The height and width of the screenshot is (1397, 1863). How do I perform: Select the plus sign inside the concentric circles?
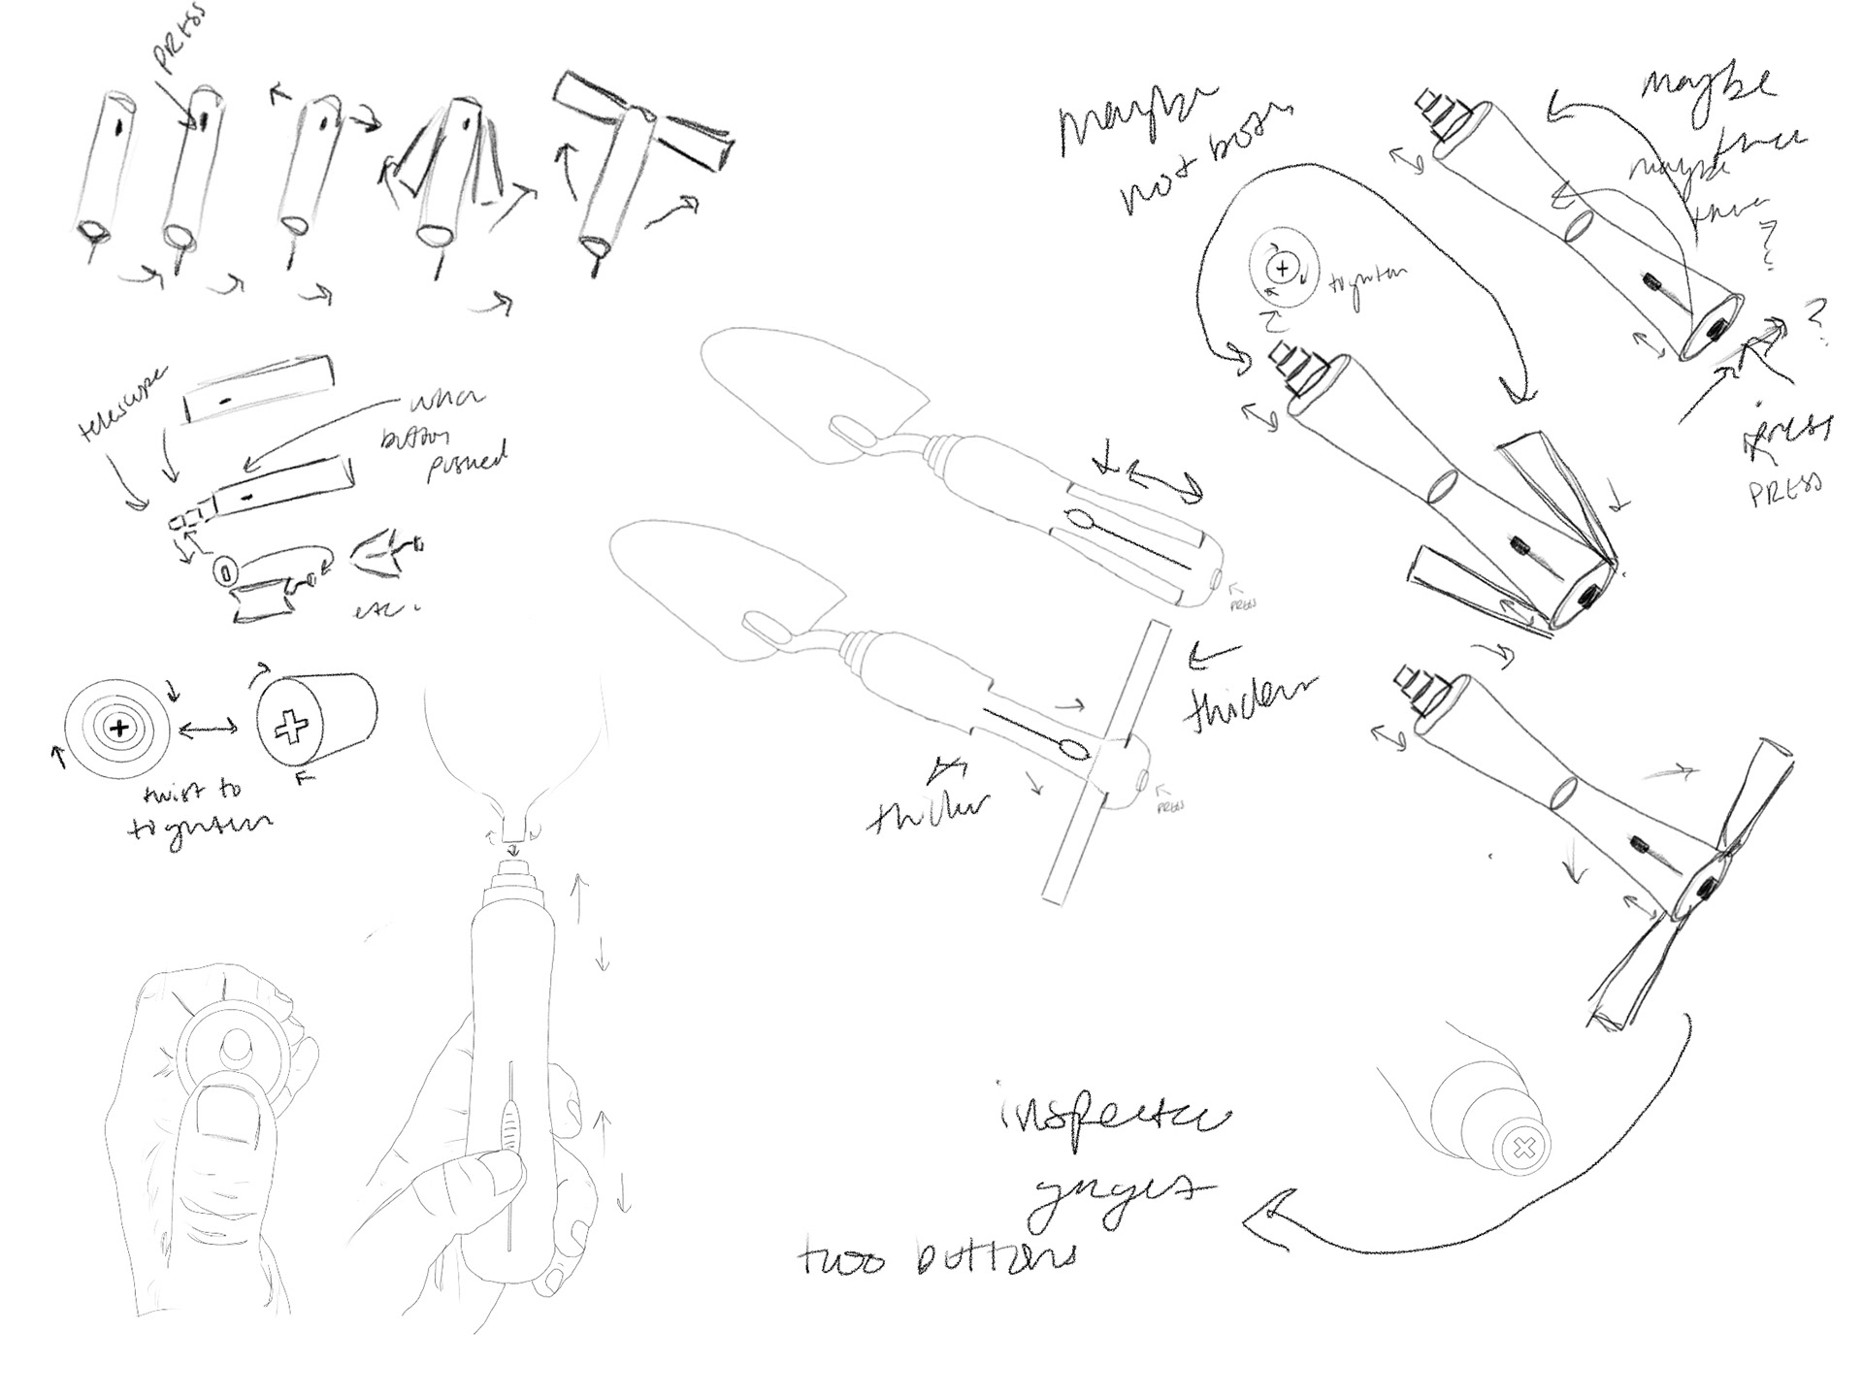click(119, 727)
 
